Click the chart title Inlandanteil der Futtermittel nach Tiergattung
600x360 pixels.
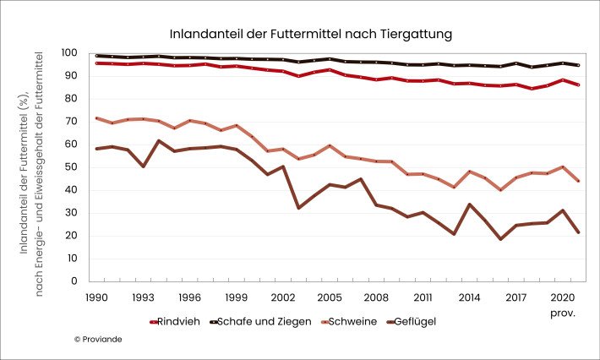coord(311,35)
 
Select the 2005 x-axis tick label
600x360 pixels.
coord(329,297)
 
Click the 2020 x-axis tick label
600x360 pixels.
coord(562,297)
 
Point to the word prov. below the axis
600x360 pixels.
coord(562,313)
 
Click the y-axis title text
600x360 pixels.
coord(32,167)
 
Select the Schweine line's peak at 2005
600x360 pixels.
coord(329,145)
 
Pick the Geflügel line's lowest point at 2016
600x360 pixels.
coord(500,239)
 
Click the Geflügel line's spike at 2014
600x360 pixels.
coord(470,205)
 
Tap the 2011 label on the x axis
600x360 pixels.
coord(424,297)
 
